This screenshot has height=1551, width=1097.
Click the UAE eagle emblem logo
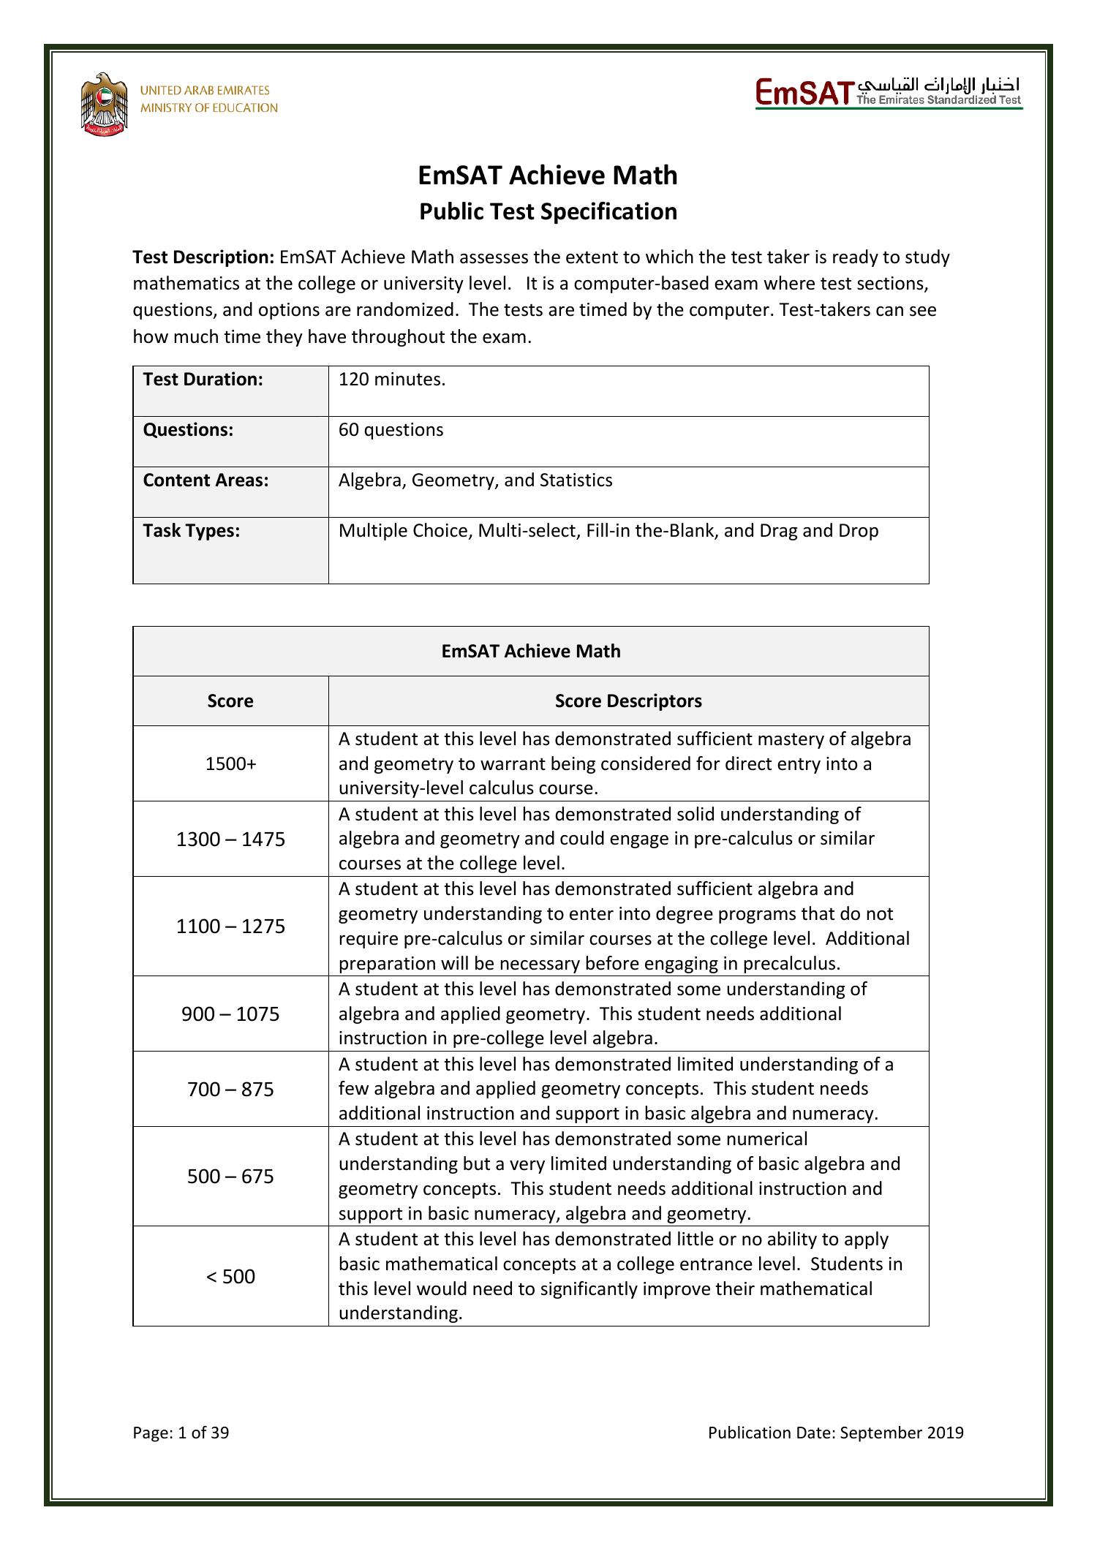point(105,105)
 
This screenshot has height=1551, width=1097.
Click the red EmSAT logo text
point(804,94)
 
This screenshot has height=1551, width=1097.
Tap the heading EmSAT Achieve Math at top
point(548,176)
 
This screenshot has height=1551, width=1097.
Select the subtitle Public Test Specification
point(548,212)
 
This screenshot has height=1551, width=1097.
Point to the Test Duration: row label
point(203,380)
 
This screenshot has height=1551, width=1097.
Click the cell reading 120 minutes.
point(392,380)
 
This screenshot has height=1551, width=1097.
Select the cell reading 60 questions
point(391,430)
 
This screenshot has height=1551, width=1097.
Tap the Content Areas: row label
point(206,480)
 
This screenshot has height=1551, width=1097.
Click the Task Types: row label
point(192,531)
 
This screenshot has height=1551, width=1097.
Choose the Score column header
point(230,701)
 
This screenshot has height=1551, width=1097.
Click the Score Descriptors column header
point(628,701)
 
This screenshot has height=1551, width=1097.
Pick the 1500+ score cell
point(230,764)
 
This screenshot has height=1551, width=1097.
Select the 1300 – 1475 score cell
point(230,839)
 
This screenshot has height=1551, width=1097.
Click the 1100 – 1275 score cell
point(230,927)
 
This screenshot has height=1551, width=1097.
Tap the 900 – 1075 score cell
point(230,1014)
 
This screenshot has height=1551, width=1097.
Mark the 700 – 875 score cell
point(230,1090)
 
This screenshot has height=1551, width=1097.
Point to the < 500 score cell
point(230,1277)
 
